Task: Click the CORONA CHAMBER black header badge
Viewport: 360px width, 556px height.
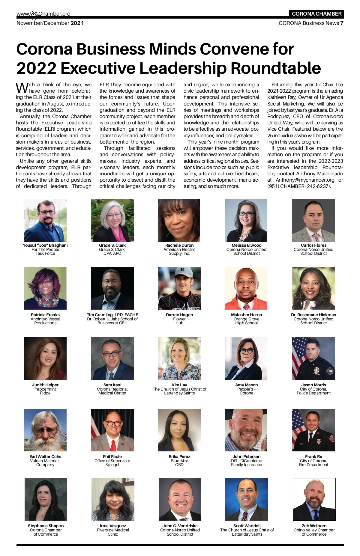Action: [316, 14]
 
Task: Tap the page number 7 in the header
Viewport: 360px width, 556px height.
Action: [342, 23]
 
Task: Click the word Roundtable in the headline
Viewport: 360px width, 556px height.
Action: [276, 68]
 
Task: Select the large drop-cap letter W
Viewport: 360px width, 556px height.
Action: [22, 88]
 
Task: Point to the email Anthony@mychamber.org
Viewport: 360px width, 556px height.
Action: [305, 180]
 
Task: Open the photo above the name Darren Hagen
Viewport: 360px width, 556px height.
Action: [179, 288]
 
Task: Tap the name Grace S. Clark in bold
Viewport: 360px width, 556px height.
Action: [112, 245]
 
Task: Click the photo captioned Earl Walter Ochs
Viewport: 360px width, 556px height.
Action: [45, 430]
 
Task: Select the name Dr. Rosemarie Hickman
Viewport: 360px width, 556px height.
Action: [313, 315]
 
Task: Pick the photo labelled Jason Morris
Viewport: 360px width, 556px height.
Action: [313, 358]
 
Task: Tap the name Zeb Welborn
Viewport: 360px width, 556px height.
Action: [314, 526]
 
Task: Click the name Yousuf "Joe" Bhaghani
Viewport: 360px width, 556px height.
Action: [45, 245]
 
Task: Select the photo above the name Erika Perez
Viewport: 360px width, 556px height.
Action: [179, 430]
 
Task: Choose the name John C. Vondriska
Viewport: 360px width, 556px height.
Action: [180, 526]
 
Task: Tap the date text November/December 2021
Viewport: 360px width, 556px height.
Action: [50, 23]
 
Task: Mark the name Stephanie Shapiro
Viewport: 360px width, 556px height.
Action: [46, 526]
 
